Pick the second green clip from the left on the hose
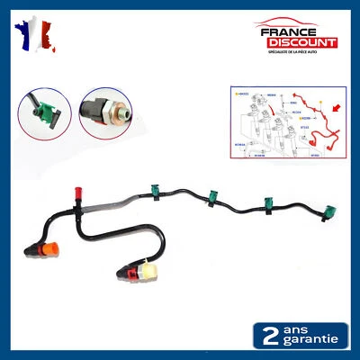215,197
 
